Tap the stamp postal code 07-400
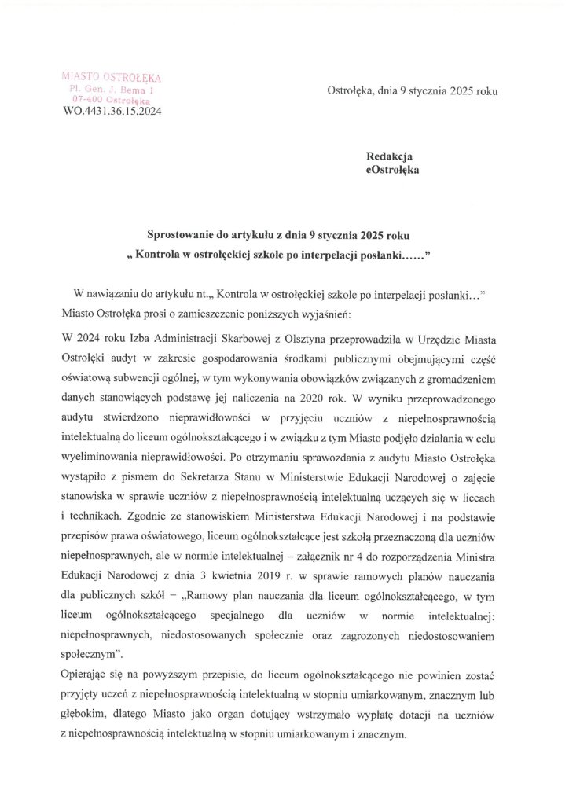pyautogui.click(x=86, y=101)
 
